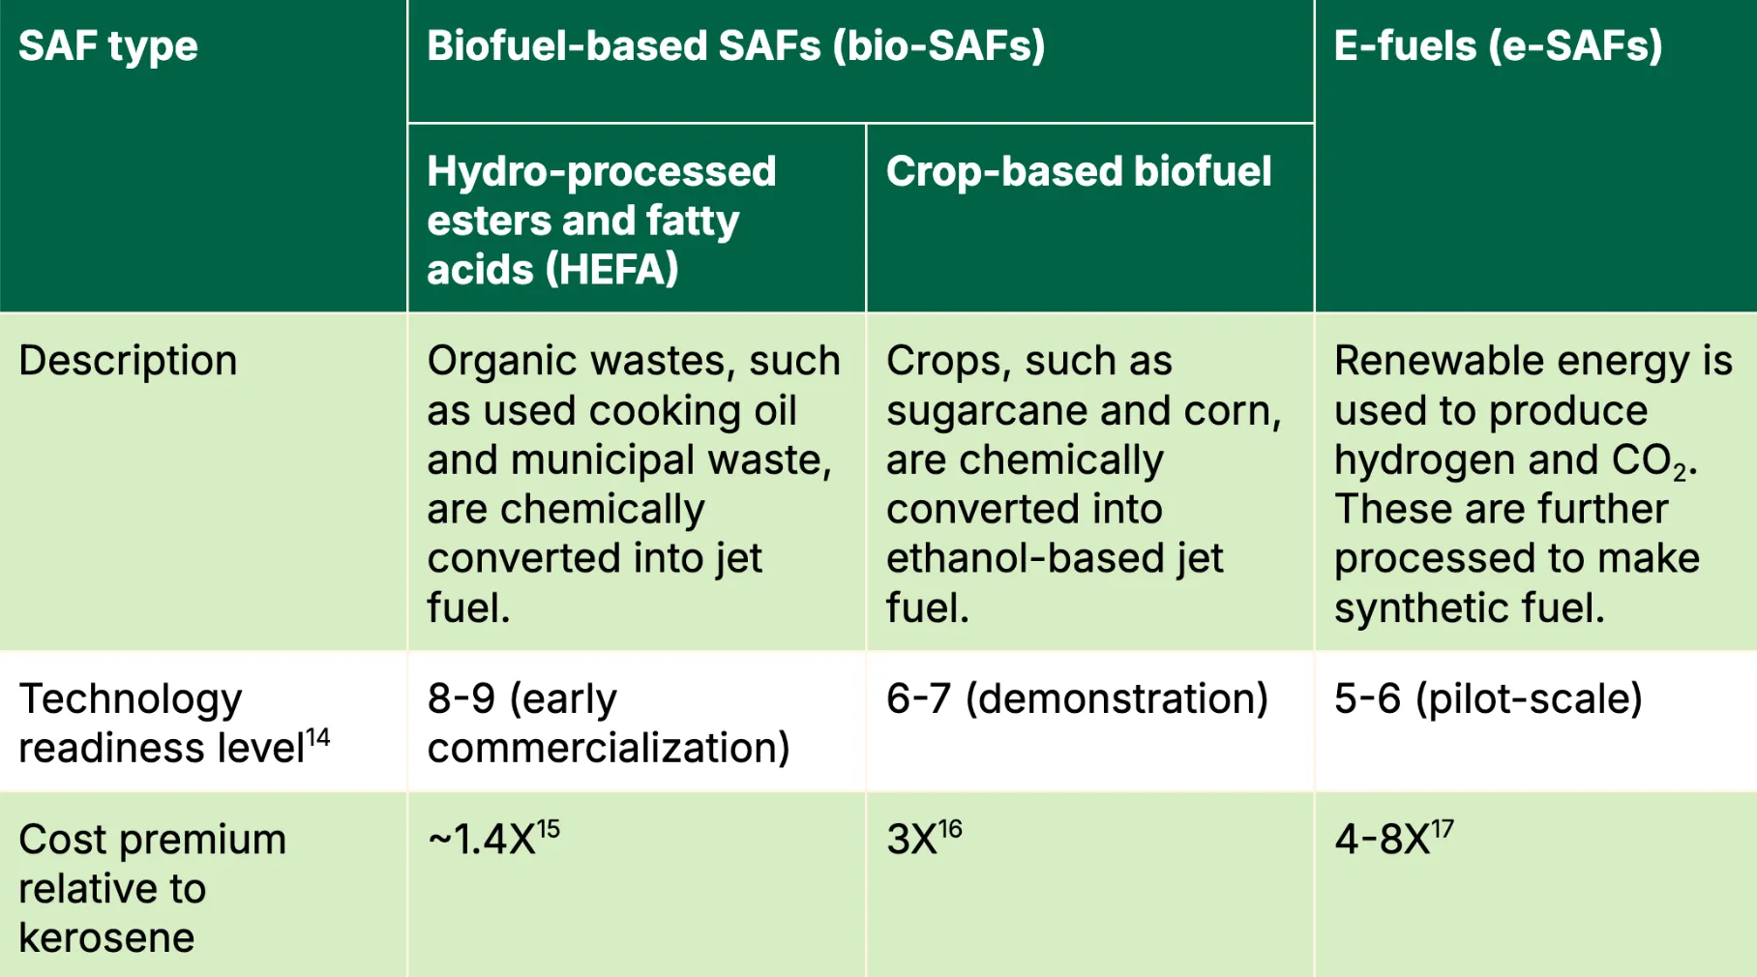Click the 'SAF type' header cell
click(x=108, y=46)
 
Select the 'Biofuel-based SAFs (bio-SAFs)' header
click(x=736, y=45)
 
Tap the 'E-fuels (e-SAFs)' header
click(x=1498, y=45)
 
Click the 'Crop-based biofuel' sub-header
click(x=1079, y=171)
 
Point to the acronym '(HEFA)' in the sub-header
click(x=612, y=269)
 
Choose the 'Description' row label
click(x=128, y=361)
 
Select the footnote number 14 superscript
click(x=318, y=738)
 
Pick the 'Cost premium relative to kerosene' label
click(x=152, y=888)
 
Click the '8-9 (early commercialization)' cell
click(x=609, y=723)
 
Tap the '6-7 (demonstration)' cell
click(x=1077, y=698)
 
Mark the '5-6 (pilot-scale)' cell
click(x=1488, y=698)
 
